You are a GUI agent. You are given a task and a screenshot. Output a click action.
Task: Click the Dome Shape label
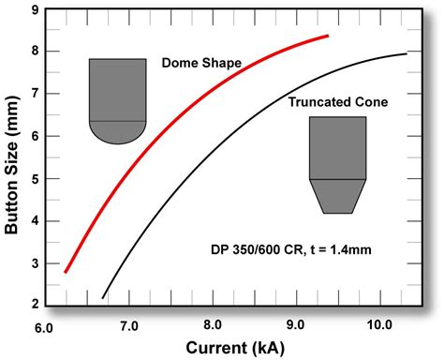tap(201, 64)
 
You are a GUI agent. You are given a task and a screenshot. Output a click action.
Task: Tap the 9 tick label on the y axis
tap(35, 10)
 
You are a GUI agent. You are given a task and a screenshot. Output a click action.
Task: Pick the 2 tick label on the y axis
tap(35, 305)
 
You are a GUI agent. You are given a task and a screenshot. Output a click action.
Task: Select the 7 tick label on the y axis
tap(35, 94)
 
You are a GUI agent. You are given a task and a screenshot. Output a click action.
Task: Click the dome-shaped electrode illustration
tap(118, 101)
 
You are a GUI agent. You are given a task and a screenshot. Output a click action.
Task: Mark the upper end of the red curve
tap(328, 36)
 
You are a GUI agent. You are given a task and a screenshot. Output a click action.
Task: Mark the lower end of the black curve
tap(103, 297)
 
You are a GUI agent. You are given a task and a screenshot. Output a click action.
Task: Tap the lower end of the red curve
tap(65, 272)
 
